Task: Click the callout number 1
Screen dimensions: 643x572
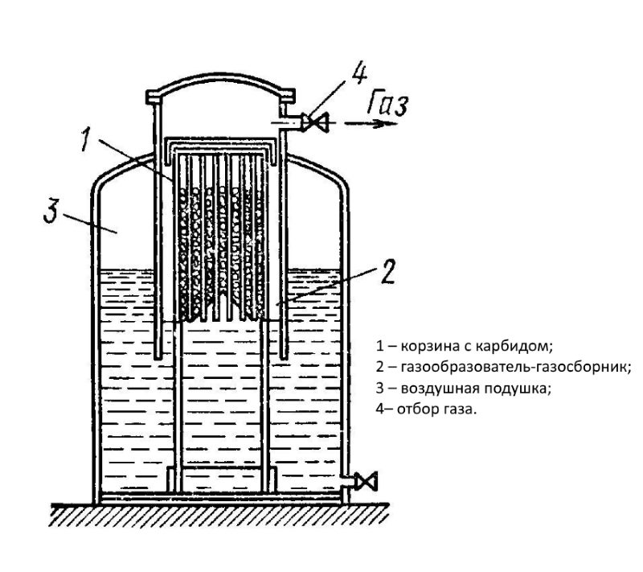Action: tap(88, 139)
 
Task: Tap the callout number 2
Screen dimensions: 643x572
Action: tap(387, 271)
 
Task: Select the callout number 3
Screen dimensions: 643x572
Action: tap(52, 211)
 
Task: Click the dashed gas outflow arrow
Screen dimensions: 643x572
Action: tap(371, 123)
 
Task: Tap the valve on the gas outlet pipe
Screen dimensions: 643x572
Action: tap(316, 122)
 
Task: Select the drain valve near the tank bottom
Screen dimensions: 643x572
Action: tap(366, 481)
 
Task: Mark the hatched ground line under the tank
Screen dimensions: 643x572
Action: tap(219, 514)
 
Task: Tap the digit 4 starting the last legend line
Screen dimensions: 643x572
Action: tap(380, 409)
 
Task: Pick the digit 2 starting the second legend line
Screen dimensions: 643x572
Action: tap(380, 366)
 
